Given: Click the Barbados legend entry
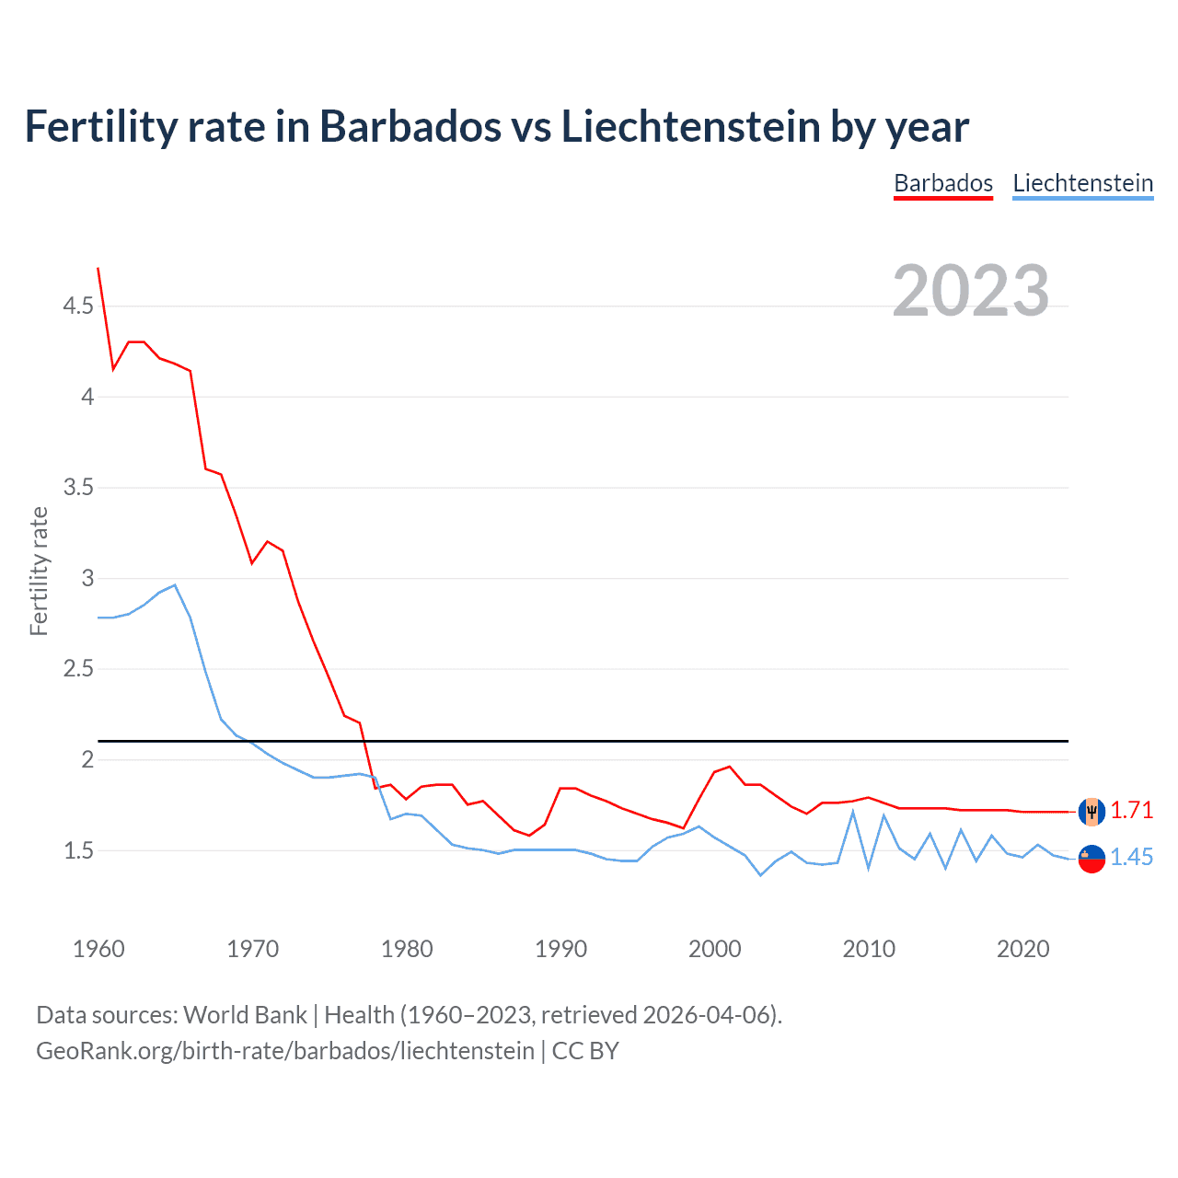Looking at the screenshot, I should point(943,183).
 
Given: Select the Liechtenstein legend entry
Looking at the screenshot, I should point(1082,183).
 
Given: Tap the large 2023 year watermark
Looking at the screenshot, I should point(971,291).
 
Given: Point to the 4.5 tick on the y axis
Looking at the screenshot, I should point(78,306).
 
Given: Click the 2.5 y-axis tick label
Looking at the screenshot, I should point(78,669).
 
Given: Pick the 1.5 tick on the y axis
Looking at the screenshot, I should point(78,850).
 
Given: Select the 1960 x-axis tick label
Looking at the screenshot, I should point(98,949).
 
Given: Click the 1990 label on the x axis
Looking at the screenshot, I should point(560,949).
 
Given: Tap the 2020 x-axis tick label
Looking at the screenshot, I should point(1022,949).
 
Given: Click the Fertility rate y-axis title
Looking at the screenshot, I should point(39,571).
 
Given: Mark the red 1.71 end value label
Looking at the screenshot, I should point(1131,810).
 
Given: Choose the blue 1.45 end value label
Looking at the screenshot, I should point(1131,857).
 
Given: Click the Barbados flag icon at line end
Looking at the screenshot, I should point(1091,812).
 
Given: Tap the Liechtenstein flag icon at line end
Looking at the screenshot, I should point(1091,859).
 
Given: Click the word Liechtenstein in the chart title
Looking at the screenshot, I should point(690,127).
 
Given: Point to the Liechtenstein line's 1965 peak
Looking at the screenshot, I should point(175,585).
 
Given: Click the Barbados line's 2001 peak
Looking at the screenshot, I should point(730,767).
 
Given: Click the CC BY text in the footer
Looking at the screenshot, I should point(585,1051).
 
